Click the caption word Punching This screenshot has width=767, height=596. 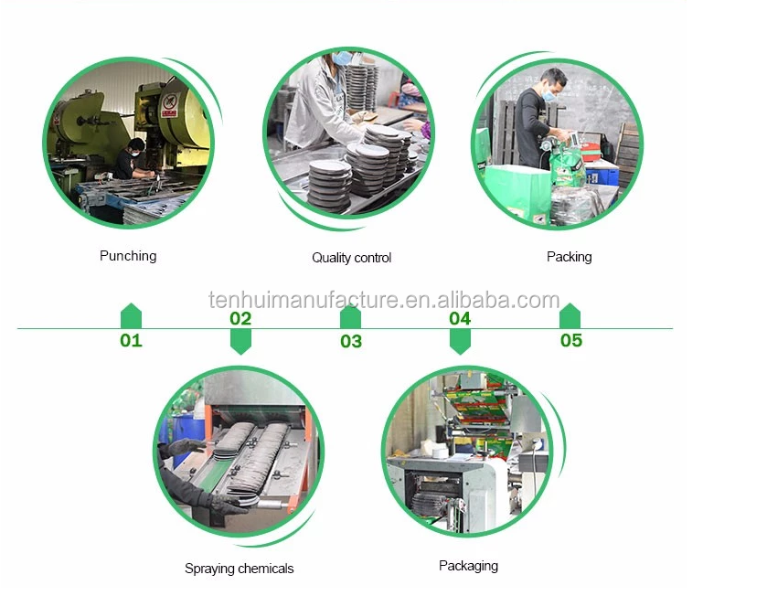(128, 256)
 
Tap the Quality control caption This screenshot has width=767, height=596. (351, 258)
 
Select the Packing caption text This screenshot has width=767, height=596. (569, 257)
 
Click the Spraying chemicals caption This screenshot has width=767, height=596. (240, 569)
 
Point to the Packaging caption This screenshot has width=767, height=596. (468, 566)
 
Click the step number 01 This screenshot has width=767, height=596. (131, 341)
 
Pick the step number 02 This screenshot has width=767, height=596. (240, 319)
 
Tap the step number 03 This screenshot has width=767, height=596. (351, 342)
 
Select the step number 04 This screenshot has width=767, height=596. (460, 319)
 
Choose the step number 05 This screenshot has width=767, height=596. (570, 341)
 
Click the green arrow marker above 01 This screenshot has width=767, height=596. (131, 316)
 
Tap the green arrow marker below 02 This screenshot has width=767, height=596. (240, 341)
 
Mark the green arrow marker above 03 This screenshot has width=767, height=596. (350, 316)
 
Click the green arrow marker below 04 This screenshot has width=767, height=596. (460, 341)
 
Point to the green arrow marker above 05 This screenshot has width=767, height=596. (570, 316)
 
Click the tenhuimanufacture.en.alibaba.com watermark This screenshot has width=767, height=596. (384, 300)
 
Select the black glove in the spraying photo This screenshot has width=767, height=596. (186, 447)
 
